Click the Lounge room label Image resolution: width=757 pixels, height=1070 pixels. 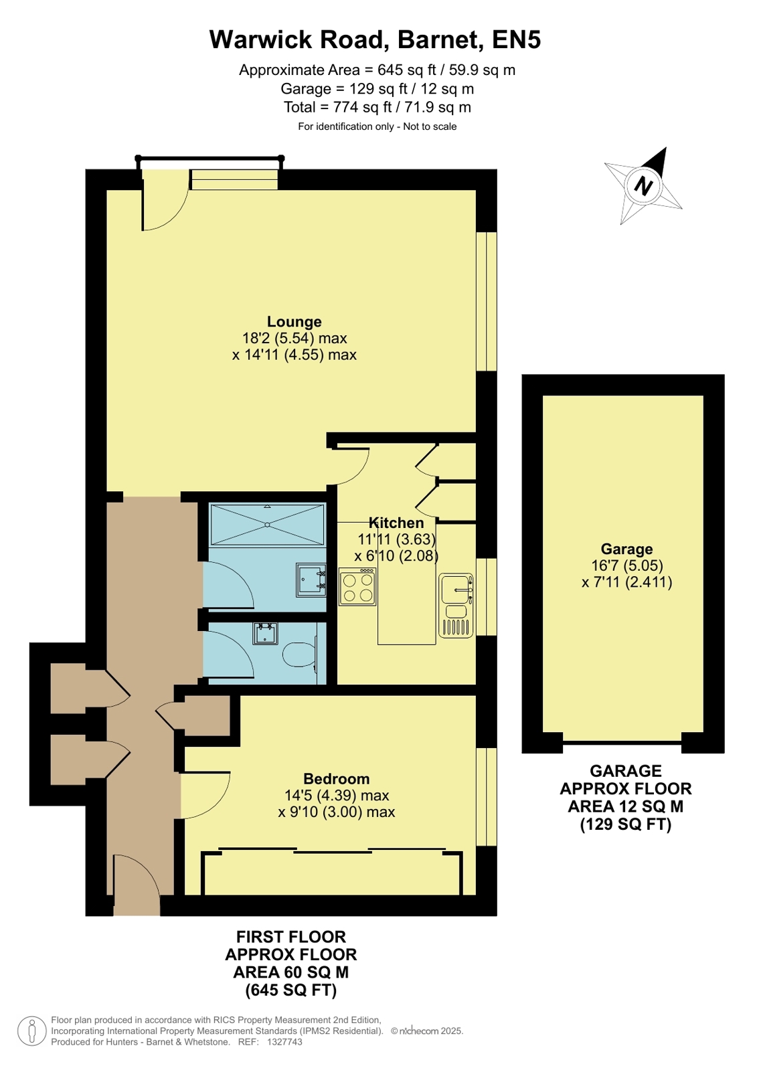(x=294, y=321)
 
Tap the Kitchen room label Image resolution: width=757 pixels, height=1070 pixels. (x=396, y=523)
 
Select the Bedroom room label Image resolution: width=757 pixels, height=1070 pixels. (x=337, y=779)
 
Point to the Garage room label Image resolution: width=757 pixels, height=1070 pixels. (x=626, y=549)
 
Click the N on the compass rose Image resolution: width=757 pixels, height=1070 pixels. (x=643, y=185)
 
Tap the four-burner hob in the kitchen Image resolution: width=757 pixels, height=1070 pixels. (x=357, y=587)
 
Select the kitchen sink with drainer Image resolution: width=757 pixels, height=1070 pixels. (x=456, y=605)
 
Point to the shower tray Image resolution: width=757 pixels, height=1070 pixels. (x=268, y=525)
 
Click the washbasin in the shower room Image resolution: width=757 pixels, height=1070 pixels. (x=311, y=580)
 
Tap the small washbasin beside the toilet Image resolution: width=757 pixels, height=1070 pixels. (x=265, y=634)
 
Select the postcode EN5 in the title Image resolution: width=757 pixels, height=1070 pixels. (x=517, y=39)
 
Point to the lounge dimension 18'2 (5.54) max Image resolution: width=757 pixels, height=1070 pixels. (x=295, y=338)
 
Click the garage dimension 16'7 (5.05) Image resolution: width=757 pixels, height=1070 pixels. (x=627, y=565)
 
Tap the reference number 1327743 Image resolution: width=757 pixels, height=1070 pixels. (x=284, y=1042)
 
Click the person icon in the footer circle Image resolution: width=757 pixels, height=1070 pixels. (x=32, y=1031)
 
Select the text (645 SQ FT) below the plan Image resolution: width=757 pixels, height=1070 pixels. (x=291, y=990)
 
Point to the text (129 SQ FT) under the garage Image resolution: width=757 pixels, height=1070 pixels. (x=626, y=824)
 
